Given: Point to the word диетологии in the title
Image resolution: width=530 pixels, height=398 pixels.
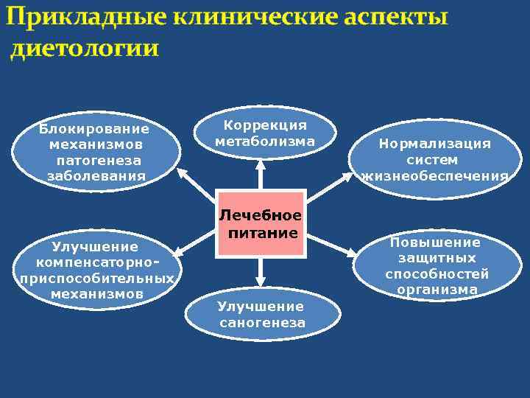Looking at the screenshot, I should [85, 49].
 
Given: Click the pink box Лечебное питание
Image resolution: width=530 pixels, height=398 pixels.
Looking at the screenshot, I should [260, 224].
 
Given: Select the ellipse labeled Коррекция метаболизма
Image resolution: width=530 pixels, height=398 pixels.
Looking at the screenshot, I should [264, 133].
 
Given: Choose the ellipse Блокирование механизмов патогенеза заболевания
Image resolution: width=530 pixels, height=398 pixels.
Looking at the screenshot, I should [96, 152].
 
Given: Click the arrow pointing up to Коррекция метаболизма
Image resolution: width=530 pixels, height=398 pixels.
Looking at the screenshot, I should [260, 175].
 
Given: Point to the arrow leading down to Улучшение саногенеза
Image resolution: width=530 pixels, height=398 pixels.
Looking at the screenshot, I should [260, 272].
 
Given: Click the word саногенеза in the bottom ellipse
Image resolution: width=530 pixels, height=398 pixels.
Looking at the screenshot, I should [262, 323].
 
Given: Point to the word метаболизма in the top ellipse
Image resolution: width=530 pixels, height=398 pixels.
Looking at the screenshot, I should [264, 141].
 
